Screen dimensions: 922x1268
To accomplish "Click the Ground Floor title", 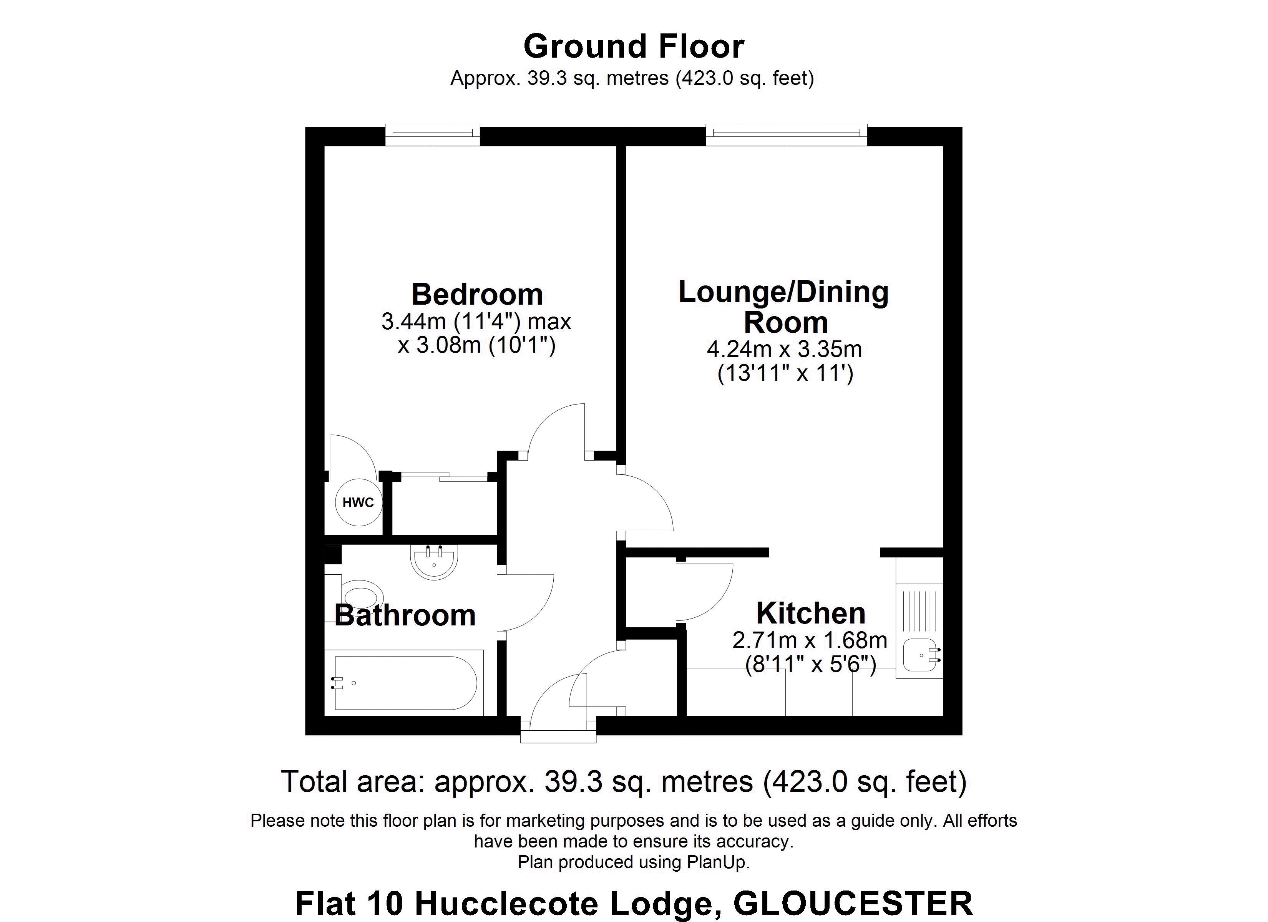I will [x=634, y=46].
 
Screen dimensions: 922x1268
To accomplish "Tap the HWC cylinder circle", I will [x=358, y=502].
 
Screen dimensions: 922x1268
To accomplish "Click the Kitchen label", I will [x=811, y=614].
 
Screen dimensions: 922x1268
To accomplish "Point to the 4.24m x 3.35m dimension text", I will [x=784, y=350].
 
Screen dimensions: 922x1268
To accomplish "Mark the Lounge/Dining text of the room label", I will [x=783, y=292].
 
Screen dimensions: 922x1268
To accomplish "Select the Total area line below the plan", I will [x=623, y=782].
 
